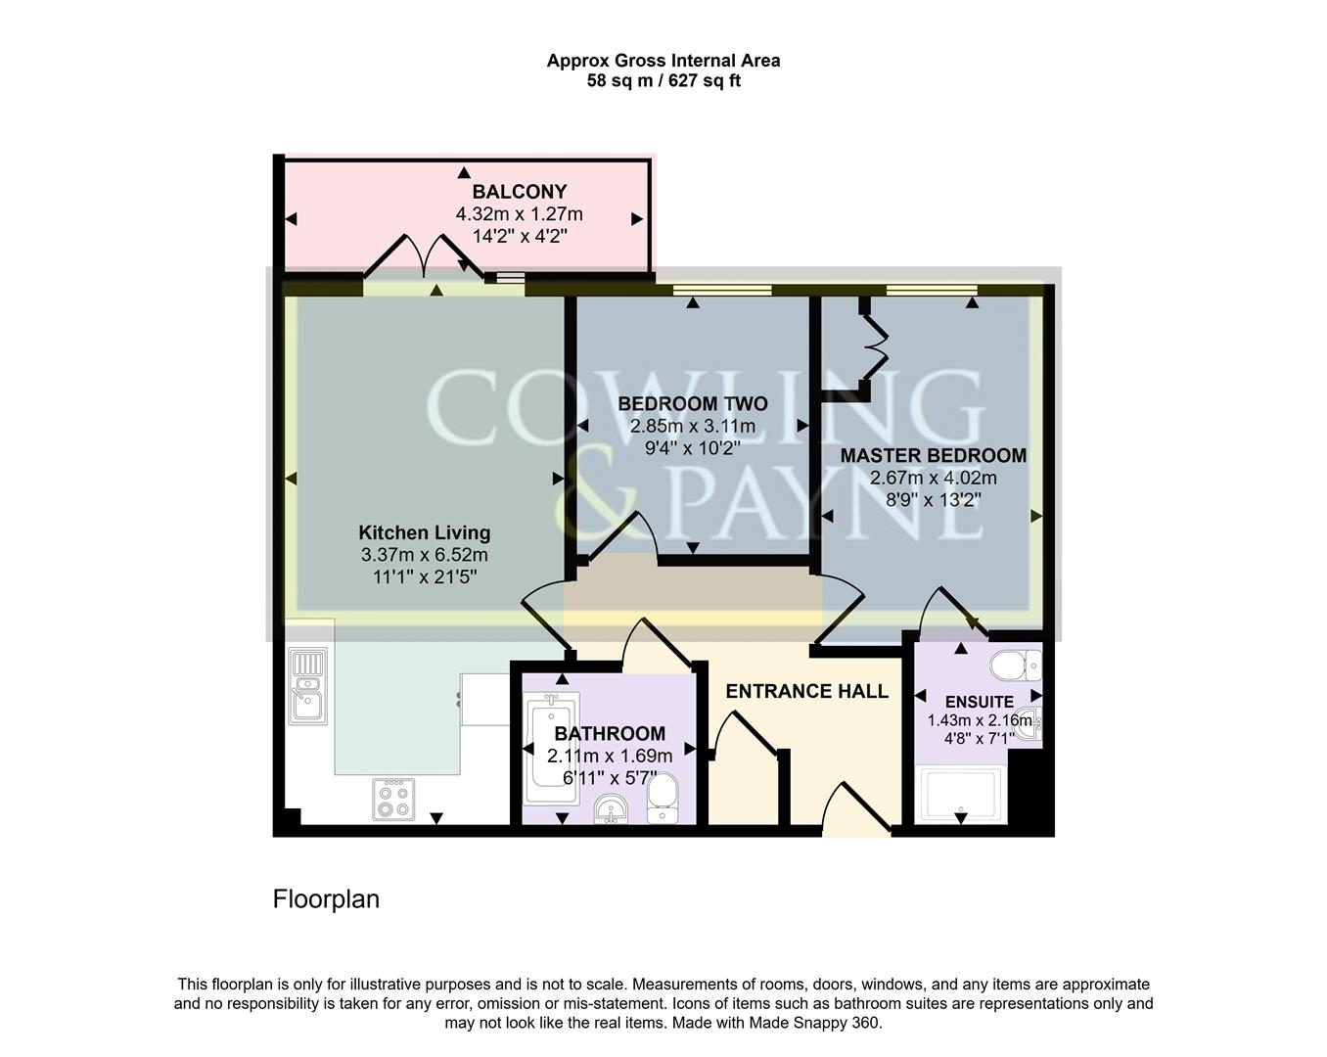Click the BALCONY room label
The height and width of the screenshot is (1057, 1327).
point(519,192)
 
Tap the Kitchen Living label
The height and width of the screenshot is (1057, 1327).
point(424,532)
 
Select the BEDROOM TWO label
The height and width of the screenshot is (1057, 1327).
point(692,403)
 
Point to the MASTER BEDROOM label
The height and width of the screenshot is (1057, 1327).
point(933,455)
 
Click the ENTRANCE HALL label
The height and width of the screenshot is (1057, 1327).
point(806,691)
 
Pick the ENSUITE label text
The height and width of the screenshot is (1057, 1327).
point(979,702)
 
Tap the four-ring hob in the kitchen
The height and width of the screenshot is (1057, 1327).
point(392,799)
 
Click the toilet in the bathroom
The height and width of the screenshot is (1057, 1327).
point(663,797)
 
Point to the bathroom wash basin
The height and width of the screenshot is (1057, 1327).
point(612,809)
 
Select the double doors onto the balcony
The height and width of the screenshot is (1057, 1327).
point(424,258)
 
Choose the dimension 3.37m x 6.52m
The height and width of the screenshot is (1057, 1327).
point(424,555)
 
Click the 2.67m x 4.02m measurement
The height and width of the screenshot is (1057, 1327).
point(933,478)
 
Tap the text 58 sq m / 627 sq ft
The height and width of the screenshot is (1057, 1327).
point(663,81)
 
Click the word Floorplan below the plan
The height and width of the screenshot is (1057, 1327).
point(326,898)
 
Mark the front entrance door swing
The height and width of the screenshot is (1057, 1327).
point(855,808)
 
